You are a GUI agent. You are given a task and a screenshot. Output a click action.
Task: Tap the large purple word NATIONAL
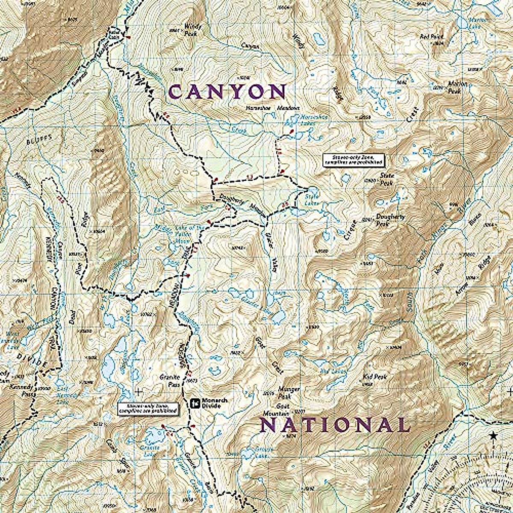[x=334, y=425]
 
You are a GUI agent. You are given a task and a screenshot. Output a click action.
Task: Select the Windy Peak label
[x=192, y=29]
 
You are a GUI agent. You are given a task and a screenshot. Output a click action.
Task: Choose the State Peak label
[x=387, y=179]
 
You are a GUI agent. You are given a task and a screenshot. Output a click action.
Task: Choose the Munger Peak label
[x=289, y=392]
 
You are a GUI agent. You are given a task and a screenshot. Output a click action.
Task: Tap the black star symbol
[x=494, y=436]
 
